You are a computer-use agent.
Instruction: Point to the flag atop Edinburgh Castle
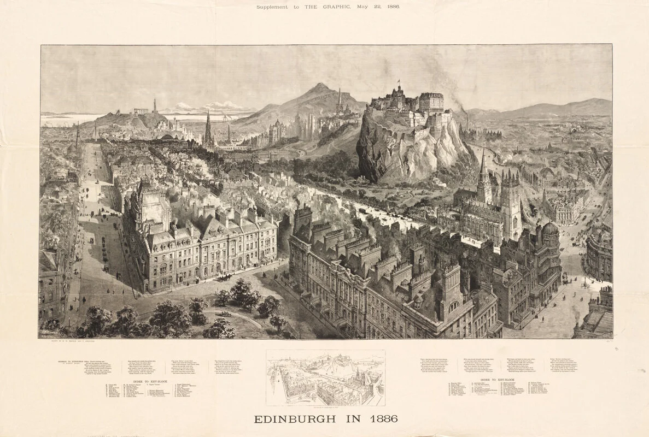coord(399,83)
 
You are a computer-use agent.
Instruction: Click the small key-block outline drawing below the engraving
coord(325,377)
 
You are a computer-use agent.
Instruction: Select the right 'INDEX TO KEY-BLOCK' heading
coord(499,379)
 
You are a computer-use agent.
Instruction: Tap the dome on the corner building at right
coord(549,228)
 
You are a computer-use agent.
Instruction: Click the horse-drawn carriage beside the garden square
coord(223,277)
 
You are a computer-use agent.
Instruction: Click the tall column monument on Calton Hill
coord(155,105)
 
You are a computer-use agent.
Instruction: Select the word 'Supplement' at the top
coord(274,7)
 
